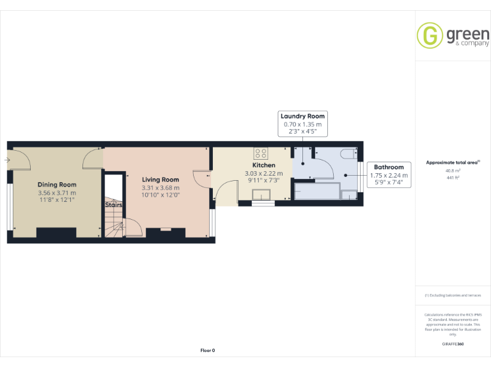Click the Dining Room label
56,185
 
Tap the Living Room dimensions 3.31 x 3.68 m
160,188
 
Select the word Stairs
114,205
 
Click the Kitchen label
263,165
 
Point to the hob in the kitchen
261,153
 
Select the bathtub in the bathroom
317,190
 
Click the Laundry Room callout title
303,116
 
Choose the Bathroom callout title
389,167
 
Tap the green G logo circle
430,36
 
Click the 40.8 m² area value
453,171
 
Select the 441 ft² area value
453,178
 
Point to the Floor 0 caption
208,350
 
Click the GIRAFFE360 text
453,344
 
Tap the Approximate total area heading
453,163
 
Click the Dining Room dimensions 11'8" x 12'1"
56,200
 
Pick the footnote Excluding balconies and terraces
453,295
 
